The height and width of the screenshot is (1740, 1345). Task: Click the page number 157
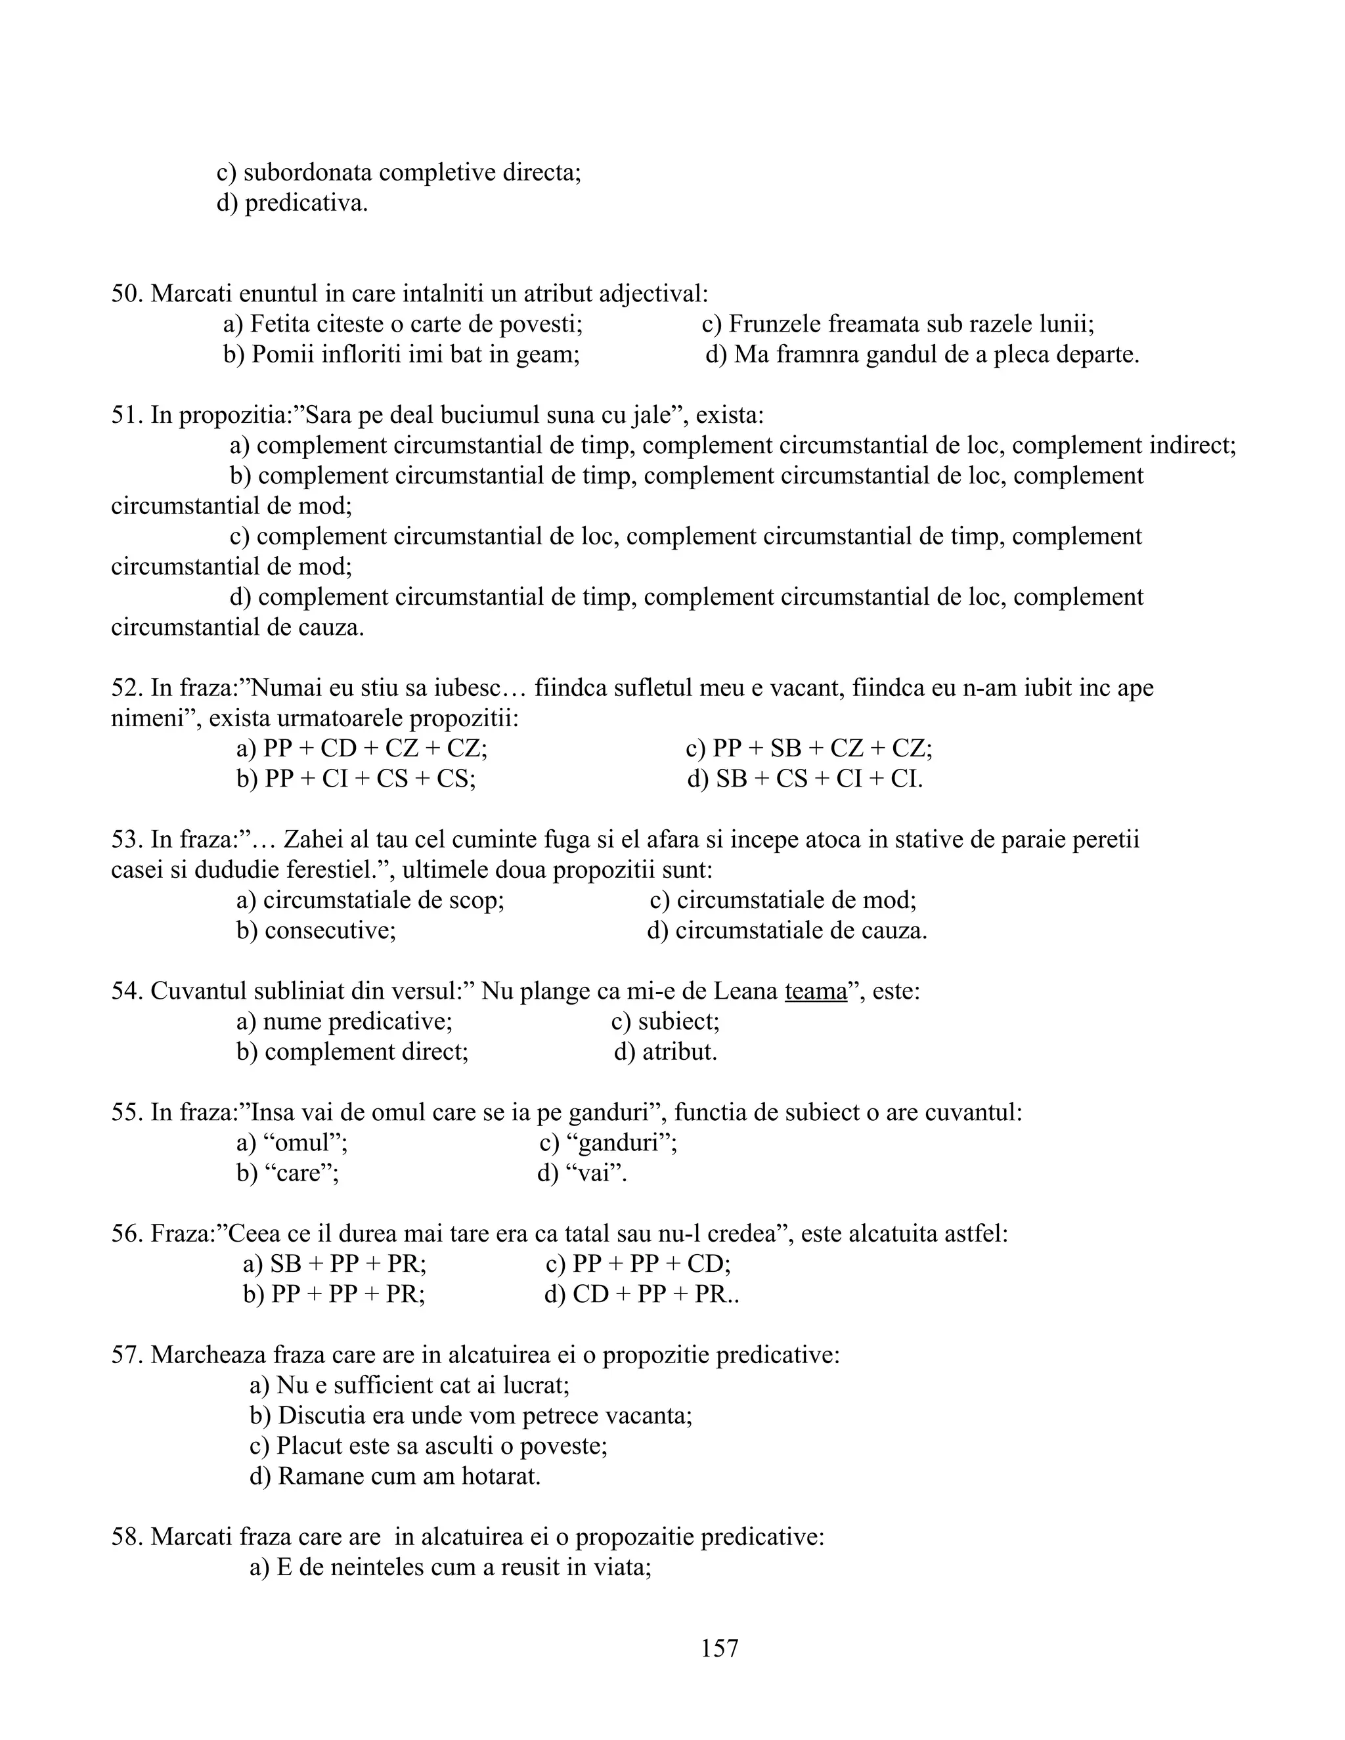720,1647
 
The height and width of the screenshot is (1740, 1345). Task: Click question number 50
127,294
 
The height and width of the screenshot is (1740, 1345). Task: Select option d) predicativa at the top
292,203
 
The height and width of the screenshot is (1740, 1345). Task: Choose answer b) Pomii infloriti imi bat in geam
401,355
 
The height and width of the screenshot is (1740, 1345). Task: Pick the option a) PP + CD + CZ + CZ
362,748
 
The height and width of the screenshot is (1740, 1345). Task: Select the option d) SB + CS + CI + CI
805,778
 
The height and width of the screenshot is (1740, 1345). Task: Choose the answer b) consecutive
317,930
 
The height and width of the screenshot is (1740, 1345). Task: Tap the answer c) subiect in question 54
665,1022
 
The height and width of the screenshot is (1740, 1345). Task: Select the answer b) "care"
288,1173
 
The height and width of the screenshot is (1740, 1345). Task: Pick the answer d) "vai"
583,1173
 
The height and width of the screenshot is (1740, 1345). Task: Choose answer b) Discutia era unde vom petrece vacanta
471,1416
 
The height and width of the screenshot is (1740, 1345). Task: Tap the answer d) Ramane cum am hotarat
395,1476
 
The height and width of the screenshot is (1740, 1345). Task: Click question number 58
127,1537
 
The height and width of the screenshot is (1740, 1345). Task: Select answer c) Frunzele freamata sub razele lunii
898,324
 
